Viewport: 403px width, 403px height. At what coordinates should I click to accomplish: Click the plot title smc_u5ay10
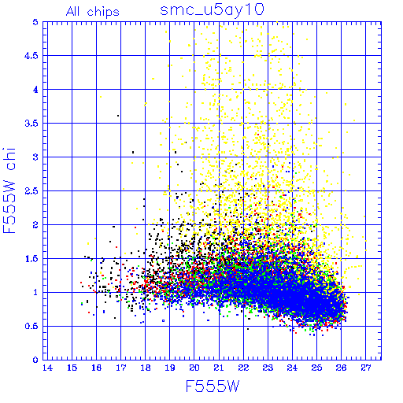[212, 10]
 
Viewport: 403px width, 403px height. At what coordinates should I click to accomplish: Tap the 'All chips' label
[93, 12]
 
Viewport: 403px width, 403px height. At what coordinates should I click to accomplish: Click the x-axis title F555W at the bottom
[213, 386]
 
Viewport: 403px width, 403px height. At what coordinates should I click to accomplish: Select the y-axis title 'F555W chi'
[9, 190]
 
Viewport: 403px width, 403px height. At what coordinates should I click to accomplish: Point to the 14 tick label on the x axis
[47, 368]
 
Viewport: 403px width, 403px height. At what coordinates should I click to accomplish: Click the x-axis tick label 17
[121, 368]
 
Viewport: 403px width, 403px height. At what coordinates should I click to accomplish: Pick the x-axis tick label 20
[194, 368]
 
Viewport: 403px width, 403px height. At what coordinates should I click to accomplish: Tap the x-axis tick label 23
[268, 368]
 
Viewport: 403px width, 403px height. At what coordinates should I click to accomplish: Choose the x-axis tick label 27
[366, 368]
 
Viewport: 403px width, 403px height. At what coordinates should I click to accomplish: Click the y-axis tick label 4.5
[31, 56]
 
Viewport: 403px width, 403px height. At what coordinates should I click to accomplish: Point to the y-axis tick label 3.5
[31, 124]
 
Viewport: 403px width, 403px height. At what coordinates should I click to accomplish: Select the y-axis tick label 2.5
[31, 191]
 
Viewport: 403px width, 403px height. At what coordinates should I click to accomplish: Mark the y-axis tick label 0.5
[31, 327]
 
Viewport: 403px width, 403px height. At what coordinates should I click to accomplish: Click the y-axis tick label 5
[35, 22]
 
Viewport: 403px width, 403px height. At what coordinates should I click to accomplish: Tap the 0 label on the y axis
[35, 360]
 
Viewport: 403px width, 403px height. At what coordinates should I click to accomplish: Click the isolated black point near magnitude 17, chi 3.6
[118, 116]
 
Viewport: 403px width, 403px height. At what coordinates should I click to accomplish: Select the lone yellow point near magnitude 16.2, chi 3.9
[101, 97]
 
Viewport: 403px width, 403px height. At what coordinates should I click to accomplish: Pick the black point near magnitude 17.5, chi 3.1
[133, 152]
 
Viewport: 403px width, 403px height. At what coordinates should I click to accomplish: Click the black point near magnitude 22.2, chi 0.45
[248, 329]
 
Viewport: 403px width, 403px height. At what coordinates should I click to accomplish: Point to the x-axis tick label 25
[316, 368]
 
